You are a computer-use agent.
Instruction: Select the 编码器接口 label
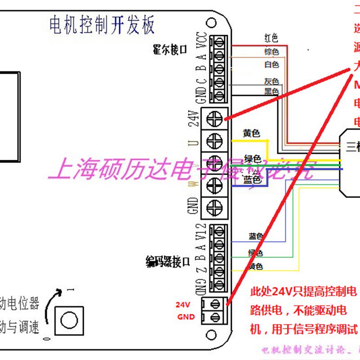167,261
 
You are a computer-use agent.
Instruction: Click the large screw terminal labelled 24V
214,118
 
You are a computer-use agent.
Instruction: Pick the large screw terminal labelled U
214,141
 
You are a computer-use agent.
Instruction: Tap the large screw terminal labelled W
214,185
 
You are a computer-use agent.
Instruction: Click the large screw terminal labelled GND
214,207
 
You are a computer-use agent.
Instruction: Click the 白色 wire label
271,65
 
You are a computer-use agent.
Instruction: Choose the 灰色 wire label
271,81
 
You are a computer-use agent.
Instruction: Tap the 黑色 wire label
271,91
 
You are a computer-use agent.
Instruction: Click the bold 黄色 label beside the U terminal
252,134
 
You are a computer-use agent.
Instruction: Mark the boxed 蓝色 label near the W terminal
252,180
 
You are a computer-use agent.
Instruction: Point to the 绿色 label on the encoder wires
255,253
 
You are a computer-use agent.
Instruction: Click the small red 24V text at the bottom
184,304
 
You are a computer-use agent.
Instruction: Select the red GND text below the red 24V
185,317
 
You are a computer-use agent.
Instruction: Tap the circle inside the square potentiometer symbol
69,320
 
